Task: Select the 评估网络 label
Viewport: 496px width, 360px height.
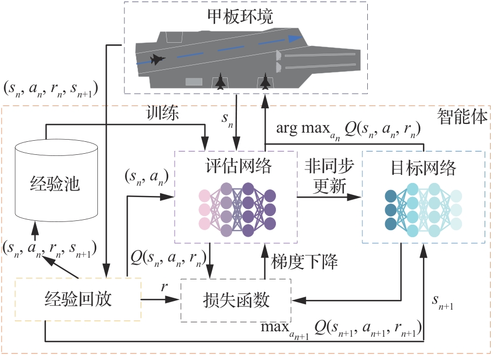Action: pyautogui.click(x=236, y=167)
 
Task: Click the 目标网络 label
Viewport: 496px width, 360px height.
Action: pyautogui.click(x=424, y=168)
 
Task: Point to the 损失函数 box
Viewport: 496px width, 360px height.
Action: pyautogui.click(x=236, y=299)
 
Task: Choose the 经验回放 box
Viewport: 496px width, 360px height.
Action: pyautogui.click(x=78, y=299)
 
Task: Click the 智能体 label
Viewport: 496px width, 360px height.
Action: pyautogui.click(x=462, y=115)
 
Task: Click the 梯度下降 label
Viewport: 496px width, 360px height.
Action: pyautogui.click(x=304, y=263)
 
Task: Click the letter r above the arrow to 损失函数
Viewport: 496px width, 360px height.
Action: pyautogui.click(x=163, y=287)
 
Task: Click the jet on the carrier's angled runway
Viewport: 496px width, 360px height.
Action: pyautogui.click(x=158, y=60)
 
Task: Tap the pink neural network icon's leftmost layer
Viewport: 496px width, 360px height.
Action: pyautogui.click(x=204, y=210)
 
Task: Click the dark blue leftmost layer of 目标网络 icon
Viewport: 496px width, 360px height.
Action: pyautogui.click(x=391, y=210)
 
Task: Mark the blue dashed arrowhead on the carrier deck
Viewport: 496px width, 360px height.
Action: pyautogui.click(x=294, y=38)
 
